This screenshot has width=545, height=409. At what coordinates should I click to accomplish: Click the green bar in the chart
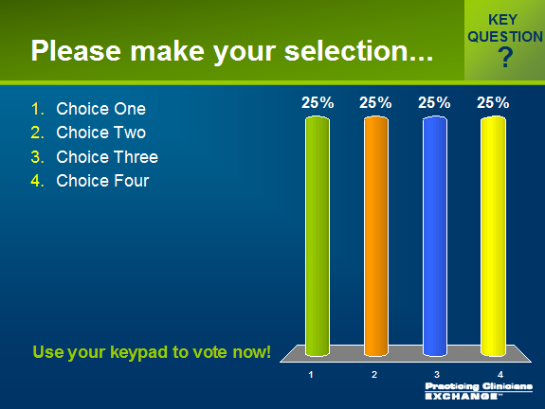(x=318, y=236)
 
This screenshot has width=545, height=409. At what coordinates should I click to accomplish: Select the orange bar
(x=376, y=236)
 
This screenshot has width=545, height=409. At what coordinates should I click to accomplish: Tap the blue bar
(x=435, y=236)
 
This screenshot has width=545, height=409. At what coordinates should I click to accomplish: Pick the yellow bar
(x=493, y=236)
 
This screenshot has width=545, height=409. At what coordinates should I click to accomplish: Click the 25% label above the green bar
(x=318, y=103)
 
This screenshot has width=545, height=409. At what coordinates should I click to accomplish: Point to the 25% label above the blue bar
(x=434, y=103)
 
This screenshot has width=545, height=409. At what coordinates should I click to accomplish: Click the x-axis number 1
(x=311, y=375)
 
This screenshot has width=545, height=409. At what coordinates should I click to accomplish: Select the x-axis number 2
(x=374, y=375)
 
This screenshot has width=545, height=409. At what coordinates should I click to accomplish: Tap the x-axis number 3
(x=437, y=375)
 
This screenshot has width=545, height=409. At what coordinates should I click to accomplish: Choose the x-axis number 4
(x=500, y=375)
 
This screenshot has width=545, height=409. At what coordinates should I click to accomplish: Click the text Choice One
(x=101, y=109)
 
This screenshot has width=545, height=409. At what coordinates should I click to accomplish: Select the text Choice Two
(x=101, y=133)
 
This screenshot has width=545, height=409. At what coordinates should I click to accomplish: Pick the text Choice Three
(x=107, y=157)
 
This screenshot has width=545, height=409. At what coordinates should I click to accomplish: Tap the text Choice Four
(x=102, y=181)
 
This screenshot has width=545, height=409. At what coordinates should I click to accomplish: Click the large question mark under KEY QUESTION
(x=505, y=58)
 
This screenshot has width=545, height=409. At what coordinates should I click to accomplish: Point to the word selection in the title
(x=358, y=51)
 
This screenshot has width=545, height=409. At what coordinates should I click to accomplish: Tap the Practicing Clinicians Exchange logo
(x=479, y=391)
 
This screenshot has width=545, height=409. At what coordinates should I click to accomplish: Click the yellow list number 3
(x=38, y=157)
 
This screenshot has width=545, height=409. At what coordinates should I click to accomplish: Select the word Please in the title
(x=76, y=51)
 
